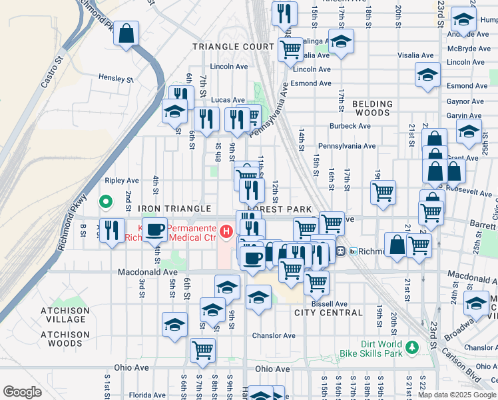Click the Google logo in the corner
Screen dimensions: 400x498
(22, 391)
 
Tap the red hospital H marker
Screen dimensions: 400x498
(226, 231)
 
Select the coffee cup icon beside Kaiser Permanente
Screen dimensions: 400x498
(155, 230)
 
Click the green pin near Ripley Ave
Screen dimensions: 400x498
(105, 201)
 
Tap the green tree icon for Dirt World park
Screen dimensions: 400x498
(412, 347)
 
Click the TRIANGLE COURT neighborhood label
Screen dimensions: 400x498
(233, 47)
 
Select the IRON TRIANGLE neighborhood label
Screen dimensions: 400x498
(174, 209)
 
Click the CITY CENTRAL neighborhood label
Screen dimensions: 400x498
(328, 313)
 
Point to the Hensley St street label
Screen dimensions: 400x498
(116, 78)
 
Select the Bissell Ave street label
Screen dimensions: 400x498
(329, 303)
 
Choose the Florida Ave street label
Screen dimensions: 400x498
(146, 395)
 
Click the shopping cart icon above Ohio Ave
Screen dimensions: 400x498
(202, 349)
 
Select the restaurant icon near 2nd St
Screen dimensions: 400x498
(112, 229)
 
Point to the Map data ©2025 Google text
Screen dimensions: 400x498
(456, 395)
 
